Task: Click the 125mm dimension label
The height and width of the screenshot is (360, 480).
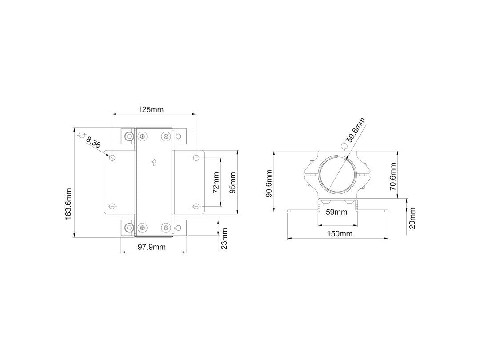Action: point(151,109)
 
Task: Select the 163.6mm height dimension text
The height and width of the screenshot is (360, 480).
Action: point(68,204)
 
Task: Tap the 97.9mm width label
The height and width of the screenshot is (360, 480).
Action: point(152,247)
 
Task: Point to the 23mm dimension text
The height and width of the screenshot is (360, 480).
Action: point(224,239)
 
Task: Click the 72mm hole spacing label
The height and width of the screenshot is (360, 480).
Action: point(216,183)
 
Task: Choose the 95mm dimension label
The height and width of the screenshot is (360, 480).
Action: point(232,183)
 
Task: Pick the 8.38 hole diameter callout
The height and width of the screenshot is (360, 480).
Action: point(93,142)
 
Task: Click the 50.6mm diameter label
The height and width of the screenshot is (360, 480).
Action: point(356,130)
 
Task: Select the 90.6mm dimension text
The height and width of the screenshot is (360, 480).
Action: point(269,183)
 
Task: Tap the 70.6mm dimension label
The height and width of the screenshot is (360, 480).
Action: point(393,176)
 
